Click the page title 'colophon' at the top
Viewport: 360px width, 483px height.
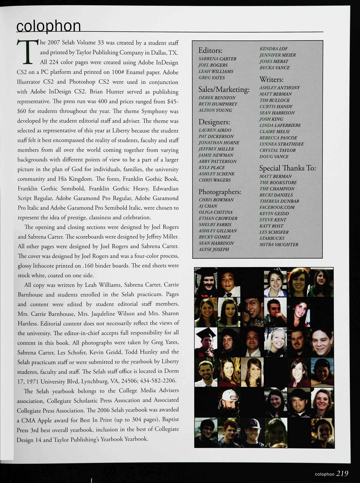(48, 26)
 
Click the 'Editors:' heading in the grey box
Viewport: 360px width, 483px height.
(210, 50)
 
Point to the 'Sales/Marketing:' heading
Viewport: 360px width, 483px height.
(224, 90)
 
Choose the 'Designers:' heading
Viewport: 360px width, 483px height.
(214, 122)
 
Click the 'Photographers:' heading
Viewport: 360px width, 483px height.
(220, 192)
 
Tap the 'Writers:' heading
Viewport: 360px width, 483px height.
(272, 79)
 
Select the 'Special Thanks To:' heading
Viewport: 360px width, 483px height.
(287, 168)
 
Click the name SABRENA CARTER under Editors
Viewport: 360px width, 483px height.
(217, 59)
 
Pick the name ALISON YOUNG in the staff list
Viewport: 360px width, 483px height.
(215, 110)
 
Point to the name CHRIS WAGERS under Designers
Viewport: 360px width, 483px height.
(215, 180)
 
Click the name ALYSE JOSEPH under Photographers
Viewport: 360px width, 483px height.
(214, 249)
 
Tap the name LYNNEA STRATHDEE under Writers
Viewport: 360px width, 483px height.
(281, 144)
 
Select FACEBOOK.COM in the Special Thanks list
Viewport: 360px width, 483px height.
(277, 207)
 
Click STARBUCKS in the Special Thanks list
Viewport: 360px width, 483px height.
(272, 238)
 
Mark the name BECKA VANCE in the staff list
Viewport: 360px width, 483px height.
(274, 68)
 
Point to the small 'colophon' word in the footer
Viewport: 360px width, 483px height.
(324, 474)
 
